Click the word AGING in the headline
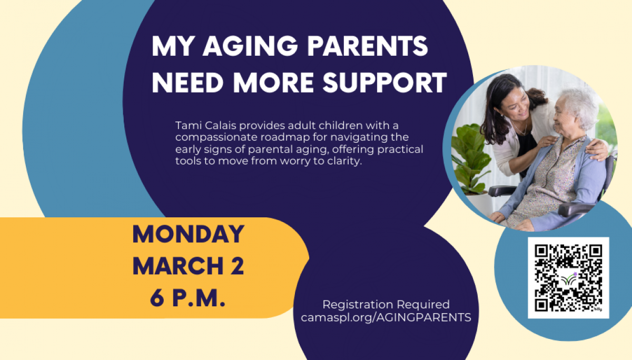click(250, 46)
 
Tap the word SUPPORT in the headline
click(385, 83)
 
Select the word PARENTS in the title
click(368, 46)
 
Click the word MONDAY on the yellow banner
click(188, 234)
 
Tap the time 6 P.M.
click(187, 298)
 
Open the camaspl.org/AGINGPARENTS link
click(386, 317)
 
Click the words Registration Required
click(386, 304)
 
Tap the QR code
click(568, 278)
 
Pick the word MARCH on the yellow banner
click(179, 266)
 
